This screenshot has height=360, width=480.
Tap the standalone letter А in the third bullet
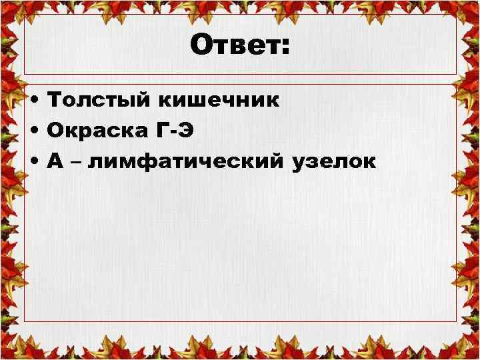click(55, 162)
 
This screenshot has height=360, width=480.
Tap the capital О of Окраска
click(57, 131)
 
